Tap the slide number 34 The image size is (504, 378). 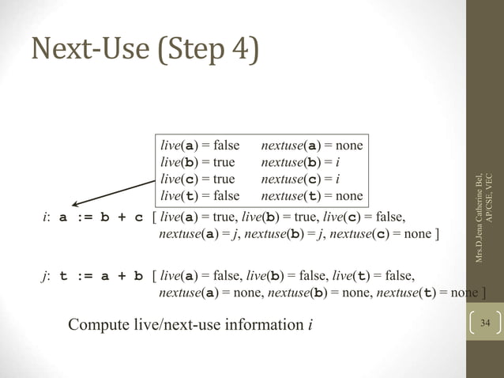[x=485, y=323]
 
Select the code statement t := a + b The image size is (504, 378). [x=102, y=276]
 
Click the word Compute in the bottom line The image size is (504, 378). [x=99, y=325]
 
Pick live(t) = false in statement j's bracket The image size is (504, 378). [x=374, y=275]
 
